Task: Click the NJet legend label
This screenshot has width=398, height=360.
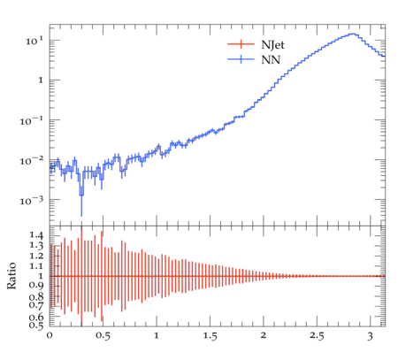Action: coord(272,45)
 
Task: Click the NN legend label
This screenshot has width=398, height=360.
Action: coord(271,60)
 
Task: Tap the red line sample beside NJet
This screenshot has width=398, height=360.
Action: coord(241,44)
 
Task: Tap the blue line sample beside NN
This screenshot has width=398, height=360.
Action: coord(241,59)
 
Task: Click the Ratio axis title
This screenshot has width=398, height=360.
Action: coord(11,275)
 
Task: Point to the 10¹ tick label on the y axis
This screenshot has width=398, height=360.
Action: coord(34,41)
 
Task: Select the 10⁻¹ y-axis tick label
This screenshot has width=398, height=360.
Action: coord(32,120)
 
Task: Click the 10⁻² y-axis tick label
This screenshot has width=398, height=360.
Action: coord(32,161)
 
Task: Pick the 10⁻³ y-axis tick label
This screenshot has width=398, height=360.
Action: coord(32,201)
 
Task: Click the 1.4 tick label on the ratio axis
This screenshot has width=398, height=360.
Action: coord(36,235)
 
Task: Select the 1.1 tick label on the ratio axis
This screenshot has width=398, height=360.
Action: coord(36,266)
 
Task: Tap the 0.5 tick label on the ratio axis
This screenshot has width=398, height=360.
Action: coord(36,326)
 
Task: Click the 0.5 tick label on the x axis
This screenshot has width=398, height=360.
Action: coord(103,336)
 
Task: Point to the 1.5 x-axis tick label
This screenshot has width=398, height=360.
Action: coord(210,336)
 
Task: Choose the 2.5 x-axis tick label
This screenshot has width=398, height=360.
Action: coord(317,336)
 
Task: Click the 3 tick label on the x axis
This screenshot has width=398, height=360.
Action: coord(370,336)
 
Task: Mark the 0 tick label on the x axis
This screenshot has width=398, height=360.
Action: coord(50,335)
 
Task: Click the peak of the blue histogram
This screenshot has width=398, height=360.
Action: coord(353,34)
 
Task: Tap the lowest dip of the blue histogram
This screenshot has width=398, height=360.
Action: coord(81,195)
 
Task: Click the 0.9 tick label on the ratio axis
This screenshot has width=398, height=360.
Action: coord(36,285)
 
